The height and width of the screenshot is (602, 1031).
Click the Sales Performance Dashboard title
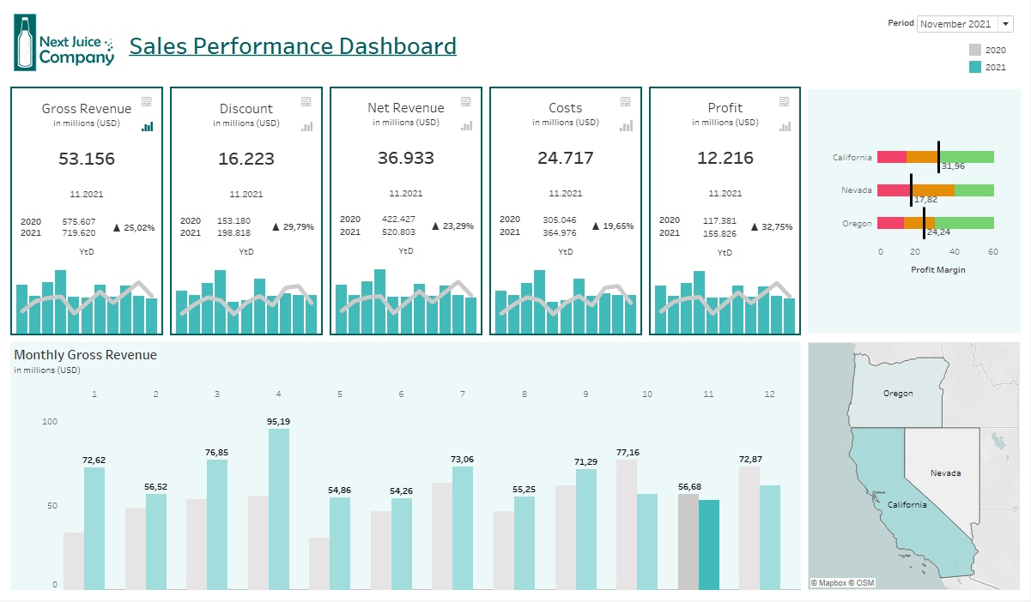tap(292, 45)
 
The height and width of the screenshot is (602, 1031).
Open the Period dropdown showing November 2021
tap(965, 24)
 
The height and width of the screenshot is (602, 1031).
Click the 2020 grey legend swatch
tap(974, 51)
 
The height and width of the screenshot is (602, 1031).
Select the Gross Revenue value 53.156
tap(87, 159)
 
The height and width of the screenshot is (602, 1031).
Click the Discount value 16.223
tap(246, 159)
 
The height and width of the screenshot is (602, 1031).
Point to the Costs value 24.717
tap(566, 159)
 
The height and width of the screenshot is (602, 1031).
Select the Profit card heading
tap(725, 108)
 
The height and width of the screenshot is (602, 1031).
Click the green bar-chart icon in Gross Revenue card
tap(147, 127)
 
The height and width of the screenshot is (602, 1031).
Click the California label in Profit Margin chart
tap(852, 158)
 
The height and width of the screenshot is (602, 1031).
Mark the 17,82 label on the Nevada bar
tap(925, 199)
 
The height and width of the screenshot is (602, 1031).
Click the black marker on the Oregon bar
tap(925, 224)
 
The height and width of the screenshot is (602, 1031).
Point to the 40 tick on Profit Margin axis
tap(955, 252)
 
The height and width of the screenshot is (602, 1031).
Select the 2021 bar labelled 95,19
tap(279, 508)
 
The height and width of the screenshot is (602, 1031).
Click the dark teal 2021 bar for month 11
tap(708, 545)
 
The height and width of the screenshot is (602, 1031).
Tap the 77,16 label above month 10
tap(628, 452)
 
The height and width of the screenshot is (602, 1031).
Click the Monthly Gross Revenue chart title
tap(86, 355)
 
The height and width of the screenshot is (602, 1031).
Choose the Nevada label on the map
tap(945, 473)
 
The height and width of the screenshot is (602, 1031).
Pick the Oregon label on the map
tap(898, 394)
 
